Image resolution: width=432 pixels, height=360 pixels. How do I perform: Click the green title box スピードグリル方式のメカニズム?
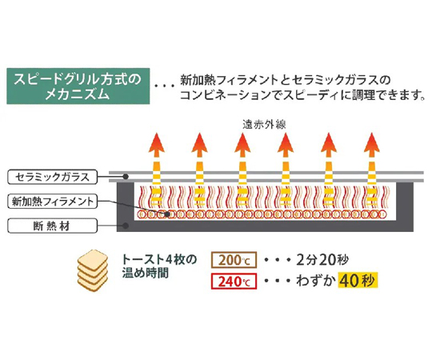[x=78, y=86]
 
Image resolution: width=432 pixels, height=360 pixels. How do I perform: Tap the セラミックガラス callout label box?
[x=52, y=177]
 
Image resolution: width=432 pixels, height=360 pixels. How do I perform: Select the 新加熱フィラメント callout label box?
[x=52, y=202]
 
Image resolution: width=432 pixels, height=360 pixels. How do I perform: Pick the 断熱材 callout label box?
[x=52, y=226]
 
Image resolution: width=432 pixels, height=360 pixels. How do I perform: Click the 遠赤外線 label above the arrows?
[x=264, y=125]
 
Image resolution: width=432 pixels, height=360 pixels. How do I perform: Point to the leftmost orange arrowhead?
[x=157, y=142]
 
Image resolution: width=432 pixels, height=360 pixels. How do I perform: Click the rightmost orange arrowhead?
[x=372, y=142]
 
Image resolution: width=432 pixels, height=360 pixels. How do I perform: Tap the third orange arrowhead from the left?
[x=242, y=142]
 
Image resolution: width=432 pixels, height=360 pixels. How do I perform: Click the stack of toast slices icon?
[x=93, y=270]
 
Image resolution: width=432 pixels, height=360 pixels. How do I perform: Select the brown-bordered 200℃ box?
[x=234, y=260]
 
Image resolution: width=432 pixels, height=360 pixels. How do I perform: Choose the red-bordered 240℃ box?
[x=234, y=282]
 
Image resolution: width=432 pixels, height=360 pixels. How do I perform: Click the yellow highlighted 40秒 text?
[x=358, y=281]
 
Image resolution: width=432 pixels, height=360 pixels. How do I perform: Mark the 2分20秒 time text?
[x=322, y=260]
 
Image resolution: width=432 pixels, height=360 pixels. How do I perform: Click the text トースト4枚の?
[x=159, y=259]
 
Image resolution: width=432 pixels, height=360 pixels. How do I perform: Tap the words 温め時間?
[x=145, y=274]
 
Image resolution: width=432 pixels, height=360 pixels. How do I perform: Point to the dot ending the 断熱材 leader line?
[x=126, y=226]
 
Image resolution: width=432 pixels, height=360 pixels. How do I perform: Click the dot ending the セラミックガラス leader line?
[x=126, y=177]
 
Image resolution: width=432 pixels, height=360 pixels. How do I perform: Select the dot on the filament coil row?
[x=167, y=214]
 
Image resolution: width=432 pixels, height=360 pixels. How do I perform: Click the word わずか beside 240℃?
[x=316, y=281]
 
